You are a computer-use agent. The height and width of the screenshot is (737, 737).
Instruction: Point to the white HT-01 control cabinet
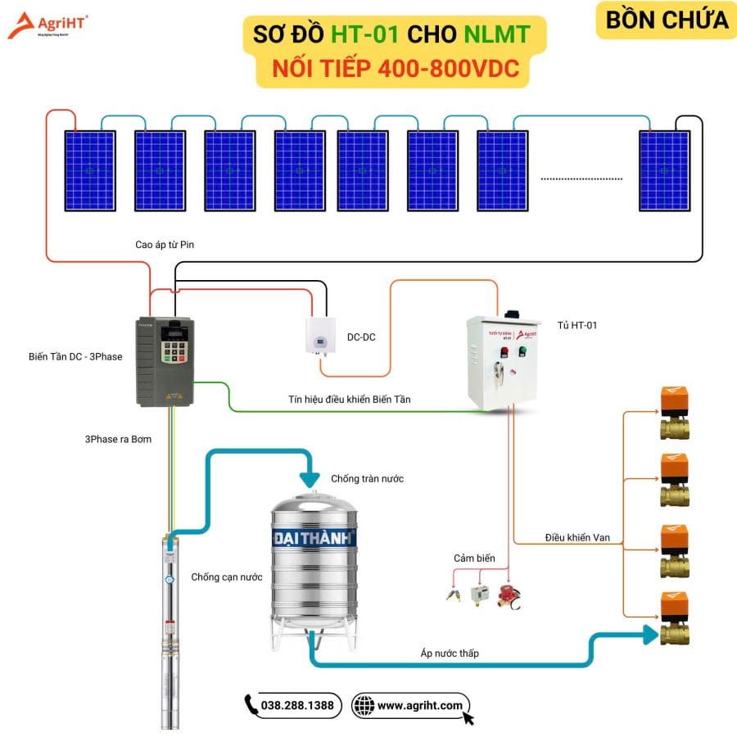[503, 360]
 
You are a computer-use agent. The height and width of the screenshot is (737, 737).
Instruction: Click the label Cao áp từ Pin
[165, 244]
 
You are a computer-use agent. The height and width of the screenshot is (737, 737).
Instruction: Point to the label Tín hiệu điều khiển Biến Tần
[350, 399]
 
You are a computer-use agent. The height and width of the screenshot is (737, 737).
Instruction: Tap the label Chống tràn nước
[367, 478]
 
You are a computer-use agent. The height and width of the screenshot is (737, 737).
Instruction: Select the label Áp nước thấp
[450, 653]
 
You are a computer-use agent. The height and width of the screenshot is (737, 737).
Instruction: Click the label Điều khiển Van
[577, 538]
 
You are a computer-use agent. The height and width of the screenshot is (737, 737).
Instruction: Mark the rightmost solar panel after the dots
[664, 170]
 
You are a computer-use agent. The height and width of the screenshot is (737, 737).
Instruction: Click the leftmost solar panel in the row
[90, 170]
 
